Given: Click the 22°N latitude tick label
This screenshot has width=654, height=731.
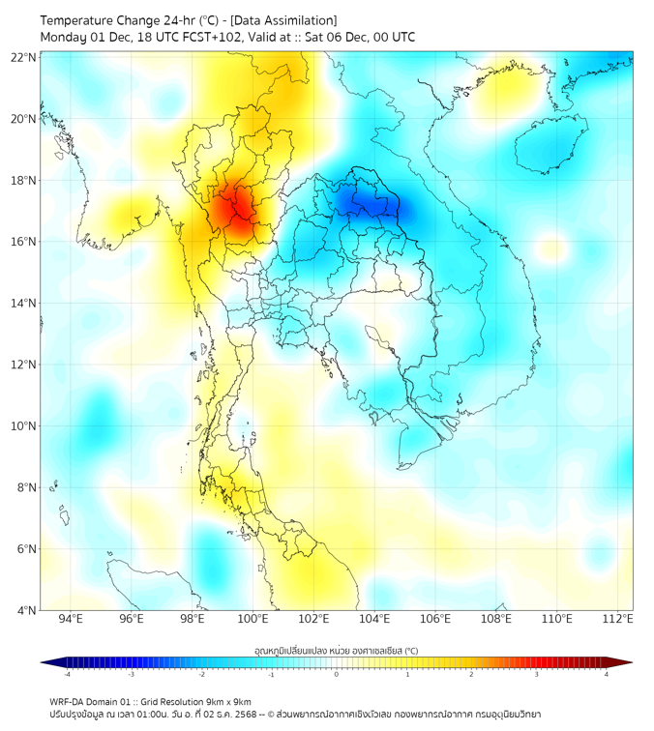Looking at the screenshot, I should point(23,57).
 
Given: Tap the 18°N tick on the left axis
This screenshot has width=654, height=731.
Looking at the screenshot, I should point(23,180).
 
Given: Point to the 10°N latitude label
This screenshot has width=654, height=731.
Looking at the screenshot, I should point(23,425).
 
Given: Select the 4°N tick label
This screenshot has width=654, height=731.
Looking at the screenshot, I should point(26,610).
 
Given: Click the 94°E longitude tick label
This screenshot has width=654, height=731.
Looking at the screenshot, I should point(71,619).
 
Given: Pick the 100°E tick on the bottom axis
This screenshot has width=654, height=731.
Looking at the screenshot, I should point(253,619).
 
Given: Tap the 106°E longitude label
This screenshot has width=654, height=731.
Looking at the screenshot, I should point(435,619).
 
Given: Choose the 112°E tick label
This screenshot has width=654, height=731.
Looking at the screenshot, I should point(617,619).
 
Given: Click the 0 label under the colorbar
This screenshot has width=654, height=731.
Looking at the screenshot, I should point(336,674).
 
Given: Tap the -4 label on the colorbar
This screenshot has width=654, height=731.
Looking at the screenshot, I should point(67,674).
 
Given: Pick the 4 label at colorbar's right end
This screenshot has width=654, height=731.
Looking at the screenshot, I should point(606,674).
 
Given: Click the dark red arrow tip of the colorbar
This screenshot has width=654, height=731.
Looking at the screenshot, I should point(627,662).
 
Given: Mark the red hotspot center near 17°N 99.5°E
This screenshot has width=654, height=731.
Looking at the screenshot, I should point(238,207).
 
